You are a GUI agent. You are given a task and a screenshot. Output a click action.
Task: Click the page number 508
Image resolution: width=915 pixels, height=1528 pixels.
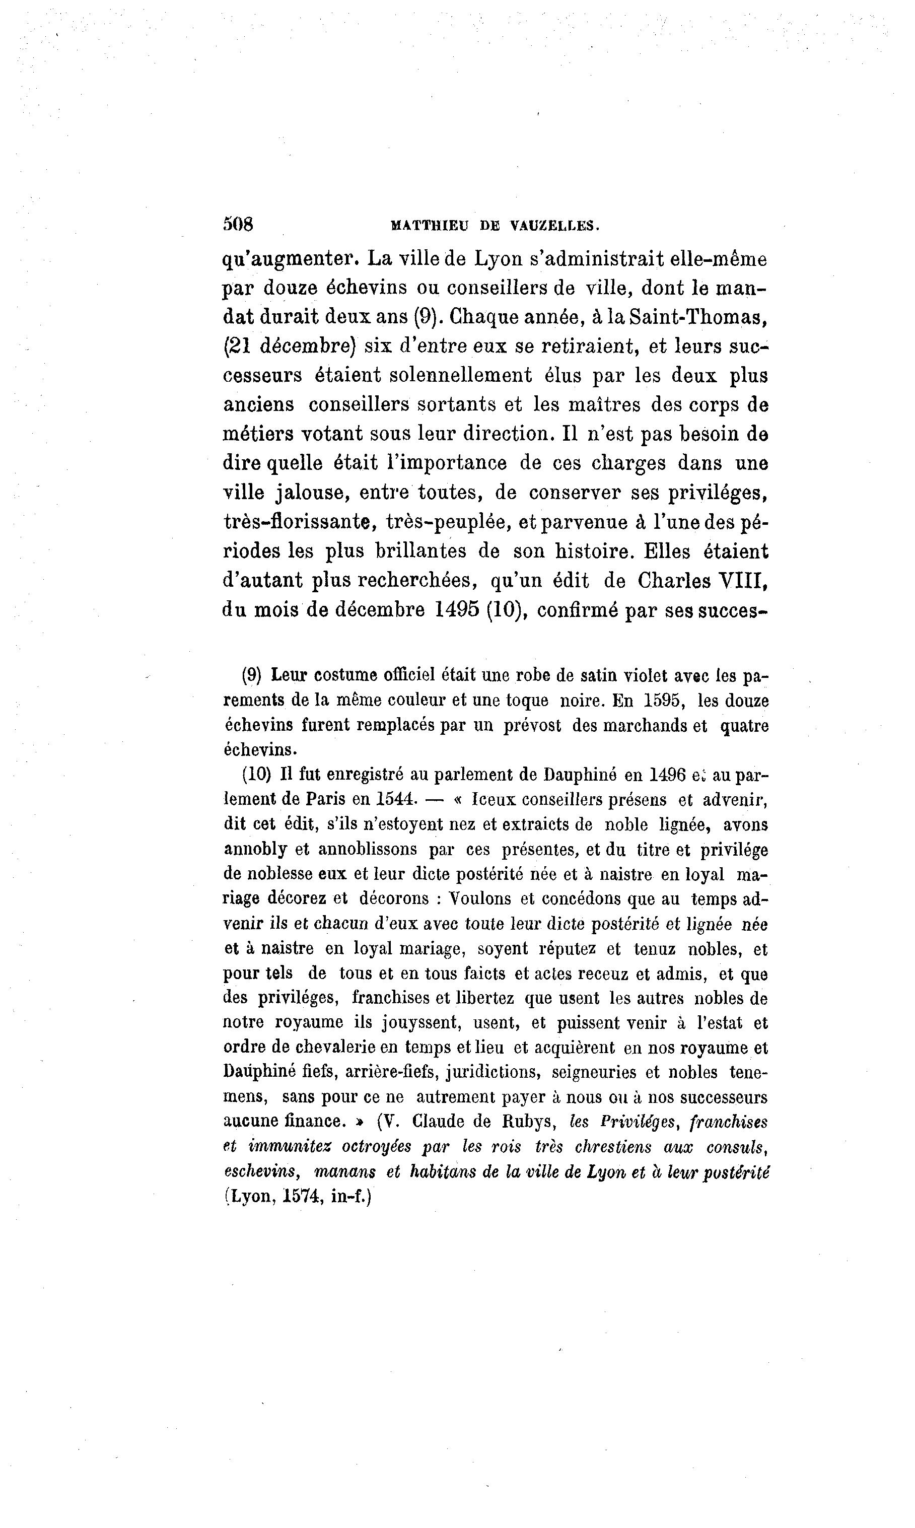click(x=238, y=225)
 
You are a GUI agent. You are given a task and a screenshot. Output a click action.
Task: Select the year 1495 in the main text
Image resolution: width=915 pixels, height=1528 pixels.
click(x=457, y=610)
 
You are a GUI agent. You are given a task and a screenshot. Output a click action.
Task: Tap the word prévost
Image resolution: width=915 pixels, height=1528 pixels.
click(x=532, y=726)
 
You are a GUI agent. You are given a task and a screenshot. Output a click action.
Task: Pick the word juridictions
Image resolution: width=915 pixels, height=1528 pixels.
click(x=492, y=1072)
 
